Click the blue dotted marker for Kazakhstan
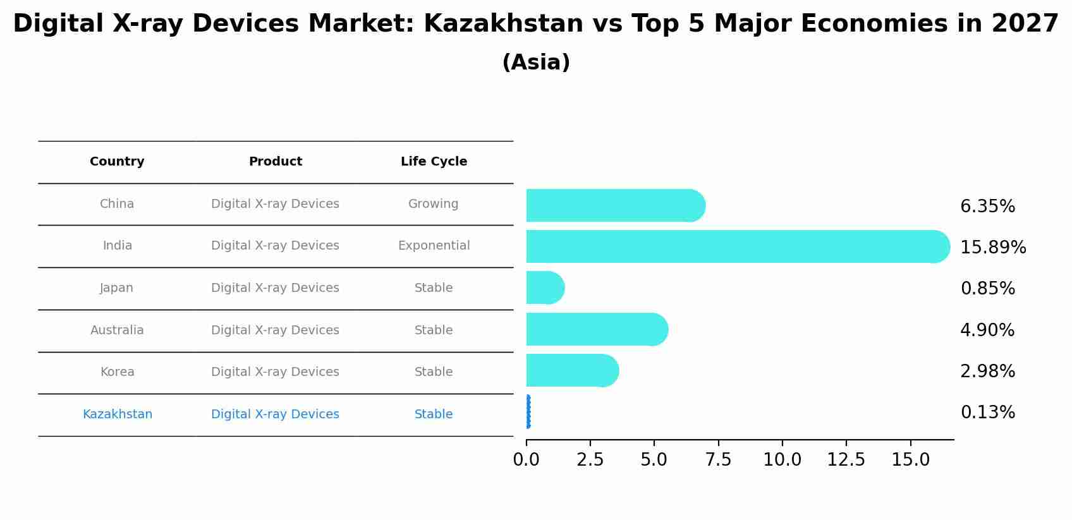(528, 412)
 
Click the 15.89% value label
(992, 248)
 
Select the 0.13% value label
(987, 413)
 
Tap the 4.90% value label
(987, 330)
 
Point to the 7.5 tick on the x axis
(718, 460)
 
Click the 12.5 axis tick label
(846, 460)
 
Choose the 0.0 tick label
(526, 460)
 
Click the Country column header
(117, 162)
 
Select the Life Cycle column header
(434, 162)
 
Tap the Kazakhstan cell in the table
(118, 414)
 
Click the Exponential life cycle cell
(434, 246)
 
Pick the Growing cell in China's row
(433, 204)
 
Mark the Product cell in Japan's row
(275, 288)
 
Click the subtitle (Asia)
(535, 63)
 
